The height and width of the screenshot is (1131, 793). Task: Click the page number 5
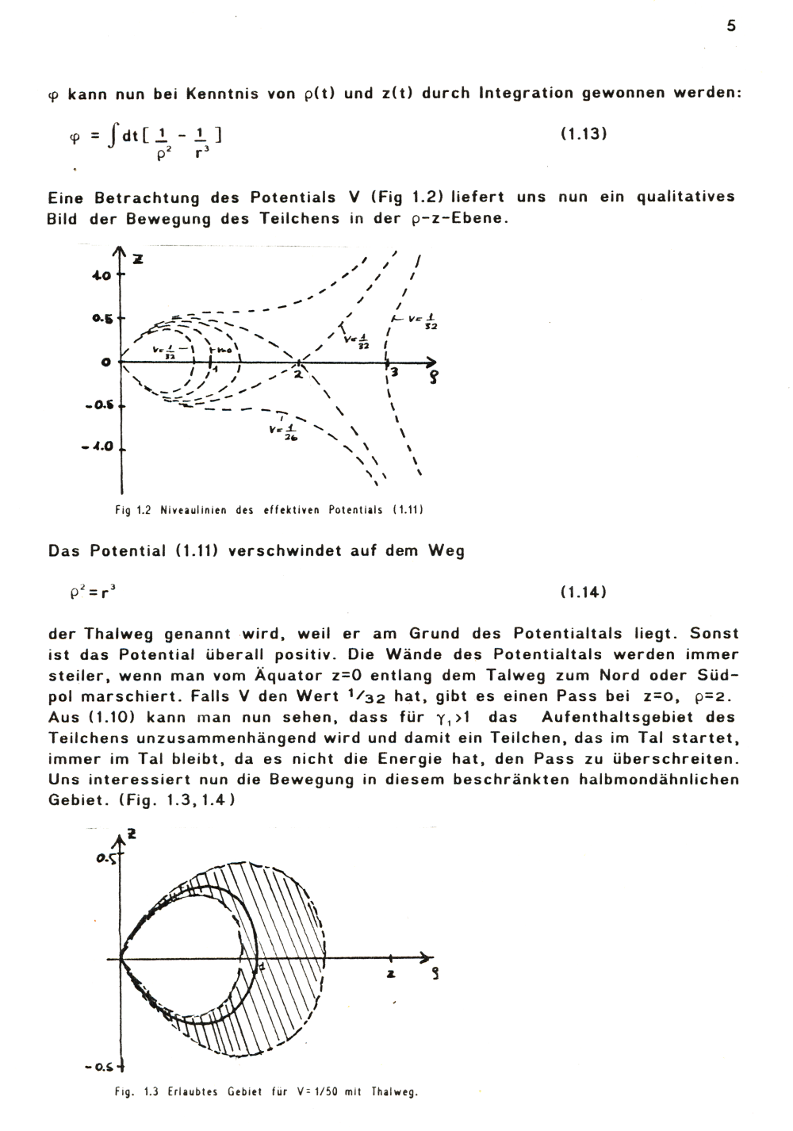pyautogui.click(x=730, y=26)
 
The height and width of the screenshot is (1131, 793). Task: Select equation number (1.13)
pyautogui.click(x=583, y=134)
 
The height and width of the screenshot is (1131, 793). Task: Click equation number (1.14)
pyautogui.click(x=583, y=592)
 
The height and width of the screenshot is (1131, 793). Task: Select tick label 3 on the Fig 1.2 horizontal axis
pyautogui.click(x=393, y=373)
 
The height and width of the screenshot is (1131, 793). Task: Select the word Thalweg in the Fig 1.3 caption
pyautogui.click(x=394, y=1092)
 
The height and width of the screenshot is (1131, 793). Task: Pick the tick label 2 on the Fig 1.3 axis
pyautogui.click(x=391, y=974)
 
